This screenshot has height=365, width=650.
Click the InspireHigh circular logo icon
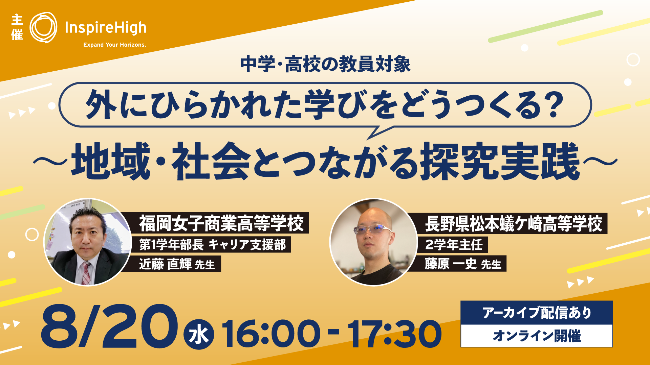pos(43,28)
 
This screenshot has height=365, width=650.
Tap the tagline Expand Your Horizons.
pos(115,45)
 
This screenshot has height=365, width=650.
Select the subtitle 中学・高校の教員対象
pos(325,64)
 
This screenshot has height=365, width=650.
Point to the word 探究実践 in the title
pos(500,162)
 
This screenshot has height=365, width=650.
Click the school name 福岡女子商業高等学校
pos(221,223)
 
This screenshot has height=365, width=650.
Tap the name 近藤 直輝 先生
pos(177,264)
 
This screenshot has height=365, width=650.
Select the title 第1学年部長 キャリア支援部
pos(213,244)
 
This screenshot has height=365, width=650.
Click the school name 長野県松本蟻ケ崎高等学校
pos(513,223)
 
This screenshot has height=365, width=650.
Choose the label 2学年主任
pos(454,244)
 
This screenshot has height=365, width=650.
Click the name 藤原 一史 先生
pos(463,264)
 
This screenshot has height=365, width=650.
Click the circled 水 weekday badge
pos(199,335)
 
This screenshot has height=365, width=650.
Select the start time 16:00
pos(271,334)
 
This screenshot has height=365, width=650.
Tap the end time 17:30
pos(395,334)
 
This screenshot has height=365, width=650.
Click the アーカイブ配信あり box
pos(537,313)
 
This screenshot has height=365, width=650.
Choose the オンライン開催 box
pos(537,336)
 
